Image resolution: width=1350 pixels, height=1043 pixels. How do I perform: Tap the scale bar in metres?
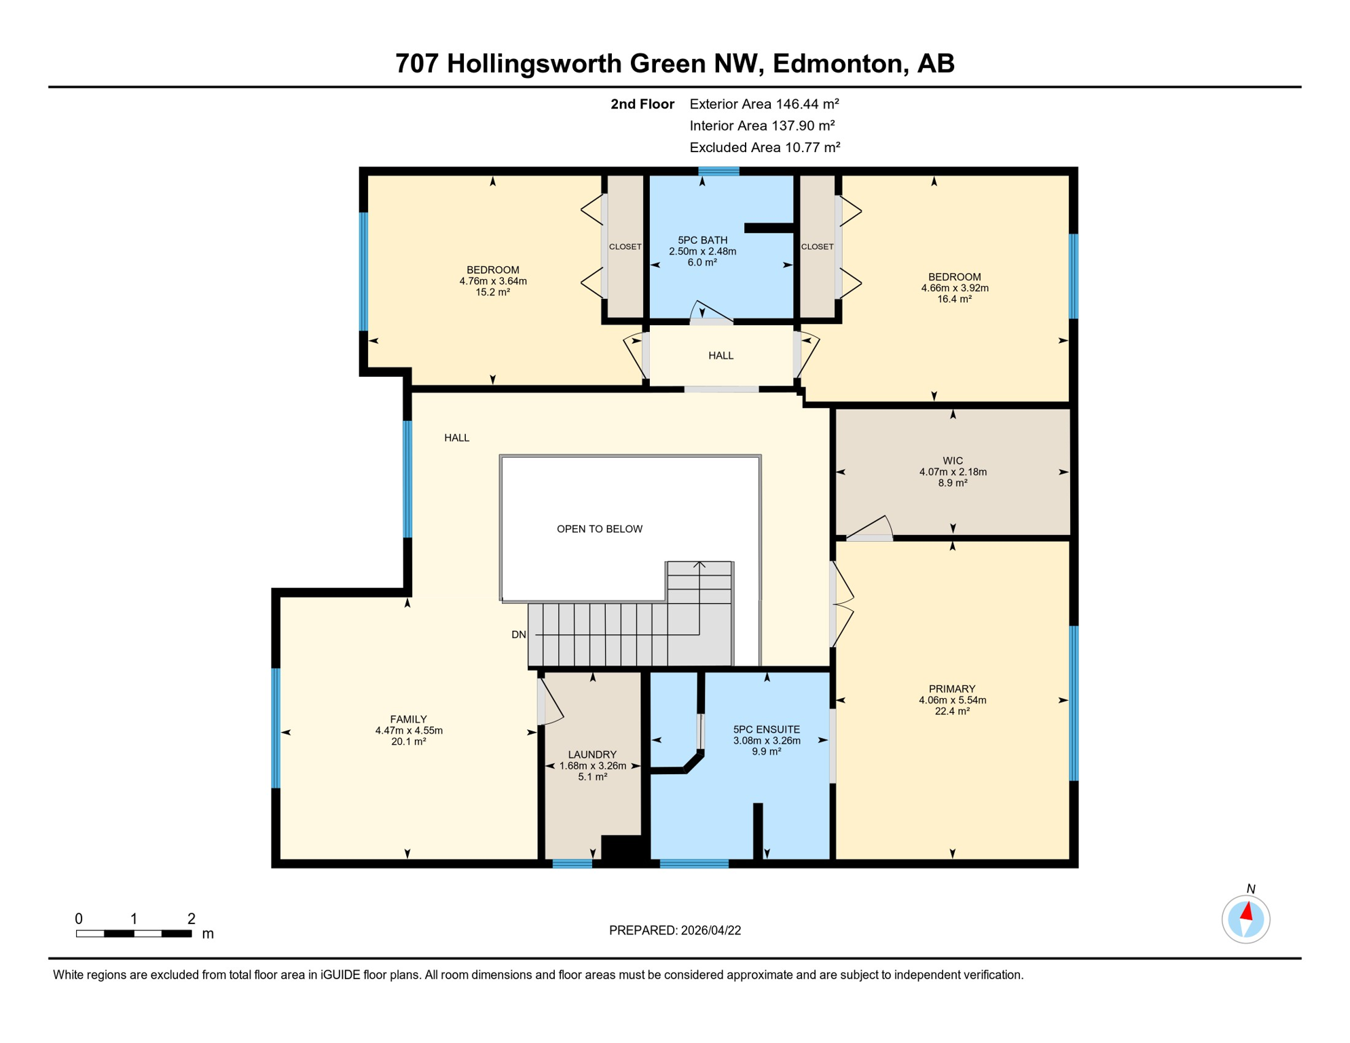pos(134,934)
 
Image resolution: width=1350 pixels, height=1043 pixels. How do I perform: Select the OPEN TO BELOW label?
pos(599,529)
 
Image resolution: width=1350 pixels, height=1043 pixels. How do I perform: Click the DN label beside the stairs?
pos(518,635)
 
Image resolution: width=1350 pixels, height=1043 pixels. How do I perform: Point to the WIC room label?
pos(952,461)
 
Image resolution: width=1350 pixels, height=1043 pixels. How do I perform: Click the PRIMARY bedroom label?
pos(951,689)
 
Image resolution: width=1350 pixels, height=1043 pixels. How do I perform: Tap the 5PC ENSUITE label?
pos(766,729)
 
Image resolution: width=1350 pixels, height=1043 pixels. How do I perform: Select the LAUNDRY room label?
pos(592,754)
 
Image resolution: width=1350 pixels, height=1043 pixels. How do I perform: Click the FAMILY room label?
pos(408,719)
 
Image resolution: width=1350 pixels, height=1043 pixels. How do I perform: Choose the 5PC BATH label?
pos(702,240)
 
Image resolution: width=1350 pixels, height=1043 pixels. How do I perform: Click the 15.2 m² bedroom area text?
pos(492,293)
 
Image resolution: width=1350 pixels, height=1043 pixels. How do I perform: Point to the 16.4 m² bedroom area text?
pos(954,299)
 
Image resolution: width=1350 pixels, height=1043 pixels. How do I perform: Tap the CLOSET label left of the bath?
pos(625,246)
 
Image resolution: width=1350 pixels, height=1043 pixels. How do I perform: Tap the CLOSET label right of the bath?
pos(817,246)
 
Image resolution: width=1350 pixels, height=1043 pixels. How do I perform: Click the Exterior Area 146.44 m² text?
pos(764,104)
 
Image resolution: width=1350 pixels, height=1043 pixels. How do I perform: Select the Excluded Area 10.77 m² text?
pos(765,147)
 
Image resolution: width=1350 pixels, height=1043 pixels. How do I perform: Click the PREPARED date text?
pos(674,930)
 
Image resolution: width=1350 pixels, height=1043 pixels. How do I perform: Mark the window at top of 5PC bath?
pos(718,171)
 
